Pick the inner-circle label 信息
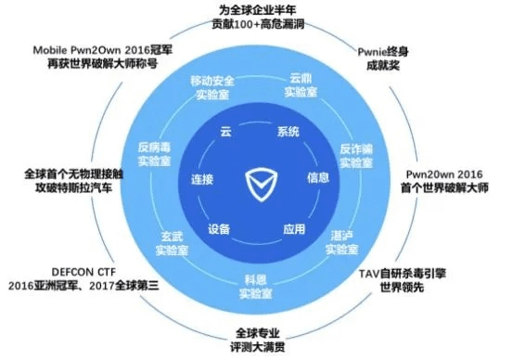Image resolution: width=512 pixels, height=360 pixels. pos(318,176)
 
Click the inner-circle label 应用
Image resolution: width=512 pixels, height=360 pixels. pos(294,228)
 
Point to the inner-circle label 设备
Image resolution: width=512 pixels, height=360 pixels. pos(220,228)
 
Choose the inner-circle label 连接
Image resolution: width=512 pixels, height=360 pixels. pos(202,178)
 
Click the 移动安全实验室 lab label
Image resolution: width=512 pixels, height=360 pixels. pos(212,87)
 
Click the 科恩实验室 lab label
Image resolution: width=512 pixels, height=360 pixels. pos(257,286)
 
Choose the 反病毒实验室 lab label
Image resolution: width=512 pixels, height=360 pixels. pos(157,153)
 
